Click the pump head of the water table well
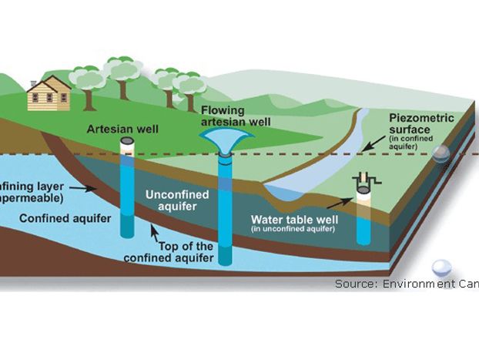[363, 183]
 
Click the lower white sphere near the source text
[441, 267]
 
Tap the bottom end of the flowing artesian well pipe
[225, 261]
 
